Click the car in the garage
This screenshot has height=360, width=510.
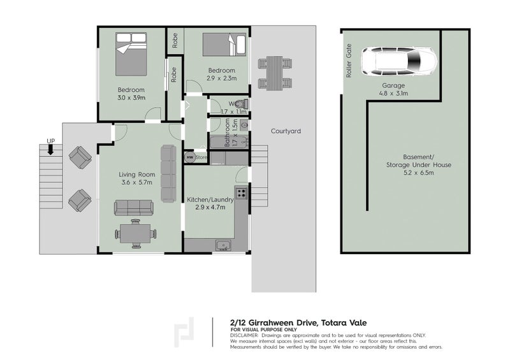pos(399,62)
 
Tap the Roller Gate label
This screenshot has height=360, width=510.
pos(349,61)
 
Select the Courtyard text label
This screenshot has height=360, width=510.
pos(285,131)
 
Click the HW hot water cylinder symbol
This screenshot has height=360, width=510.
pos(190,157)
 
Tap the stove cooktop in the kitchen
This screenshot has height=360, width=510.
pos(242,192)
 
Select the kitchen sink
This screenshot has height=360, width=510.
pos(222,245)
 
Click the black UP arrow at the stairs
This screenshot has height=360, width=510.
pos(50,150)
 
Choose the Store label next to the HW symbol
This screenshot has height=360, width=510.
pos(201,157)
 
